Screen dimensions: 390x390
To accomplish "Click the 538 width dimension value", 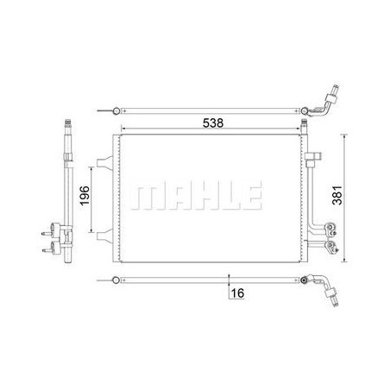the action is pos(213,123).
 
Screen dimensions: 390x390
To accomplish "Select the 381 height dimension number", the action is pos(337,195).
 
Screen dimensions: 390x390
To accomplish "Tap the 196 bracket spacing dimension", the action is pos(85,196).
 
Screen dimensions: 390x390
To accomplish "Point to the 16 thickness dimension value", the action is pos(237,293).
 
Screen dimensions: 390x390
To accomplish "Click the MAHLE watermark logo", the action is pos(196,195).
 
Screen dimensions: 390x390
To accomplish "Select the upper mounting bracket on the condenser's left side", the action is pos(104,162).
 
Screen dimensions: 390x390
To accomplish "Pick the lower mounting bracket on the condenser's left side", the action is pos(104,236).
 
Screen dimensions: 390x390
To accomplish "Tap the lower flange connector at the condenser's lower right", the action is pos(330,247).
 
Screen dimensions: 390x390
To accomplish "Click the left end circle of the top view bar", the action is pos(116,110).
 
